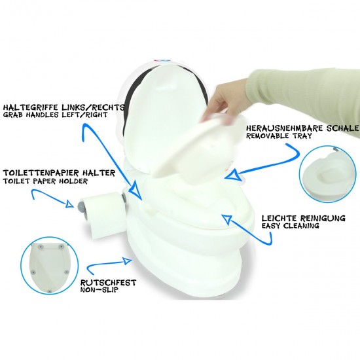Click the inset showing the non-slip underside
[50, 268]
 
